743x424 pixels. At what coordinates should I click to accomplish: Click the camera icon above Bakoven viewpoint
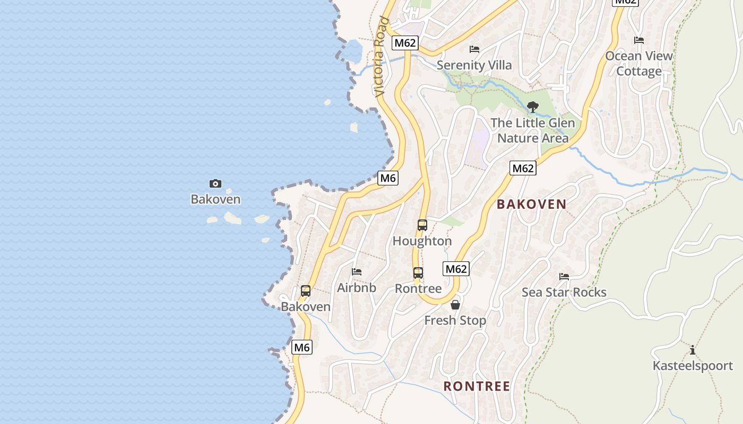[x=215, y=183]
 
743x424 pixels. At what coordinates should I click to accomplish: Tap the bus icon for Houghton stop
[x=422, y=225]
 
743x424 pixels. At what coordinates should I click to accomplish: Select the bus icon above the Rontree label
[x=418, y=273]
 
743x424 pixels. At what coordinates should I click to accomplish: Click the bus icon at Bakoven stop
[x=306, y=290]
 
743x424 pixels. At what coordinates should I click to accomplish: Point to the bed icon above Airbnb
[x=357, y=272]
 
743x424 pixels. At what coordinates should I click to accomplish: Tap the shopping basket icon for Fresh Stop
[x=455, y=305]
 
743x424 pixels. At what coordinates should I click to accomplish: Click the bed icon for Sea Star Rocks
[x=564, y=277]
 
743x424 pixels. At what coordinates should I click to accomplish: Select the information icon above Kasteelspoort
[x=693, y=350]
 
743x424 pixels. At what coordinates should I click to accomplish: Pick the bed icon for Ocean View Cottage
[x=639, y=40]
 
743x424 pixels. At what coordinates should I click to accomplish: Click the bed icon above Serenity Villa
[x=474, y=49]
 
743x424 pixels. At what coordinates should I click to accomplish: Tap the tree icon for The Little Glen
[x=533, y=107]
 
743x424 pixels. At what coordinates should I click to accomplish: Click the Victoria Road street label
[x=381, y=57]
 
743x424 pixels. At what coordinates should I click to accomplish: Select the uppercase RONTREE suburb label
[x=477, y=386]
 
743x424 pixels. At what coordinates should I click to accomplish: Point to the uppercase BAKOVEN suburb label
[x=531, y=204]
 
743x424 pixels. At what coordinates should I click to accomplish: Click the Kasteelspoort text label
[x=693, y=366]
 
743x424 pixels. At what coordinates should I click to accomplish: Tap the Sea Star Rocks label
[x=564, y=292]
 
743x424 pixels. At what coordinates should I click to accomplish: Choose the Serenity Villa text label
[x=474, y=65]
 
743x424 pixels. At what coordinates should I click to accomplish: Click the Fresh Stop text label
[x=455, y=320]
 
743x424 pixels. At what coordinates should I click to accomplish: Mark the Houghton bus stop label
[x=422, y=241]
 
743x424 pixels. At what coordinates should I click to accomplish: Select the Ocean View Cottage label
[x=639, y=64]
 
